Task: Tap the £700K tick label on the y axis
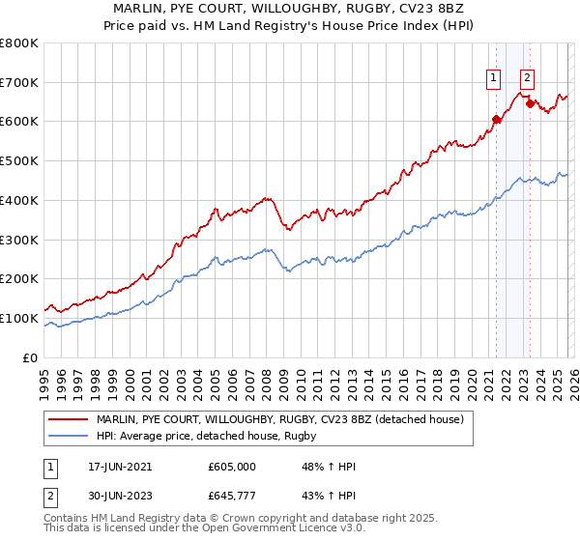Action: [19, 82]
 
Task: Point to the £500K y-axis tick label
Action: [19, 161]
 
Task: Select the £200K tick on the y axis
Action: [19, 279]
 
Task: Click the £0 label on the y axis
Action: [31, 357]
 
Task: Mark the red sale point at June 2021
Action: [497, 120]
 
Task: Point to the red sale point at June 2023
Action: [530, 103]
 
